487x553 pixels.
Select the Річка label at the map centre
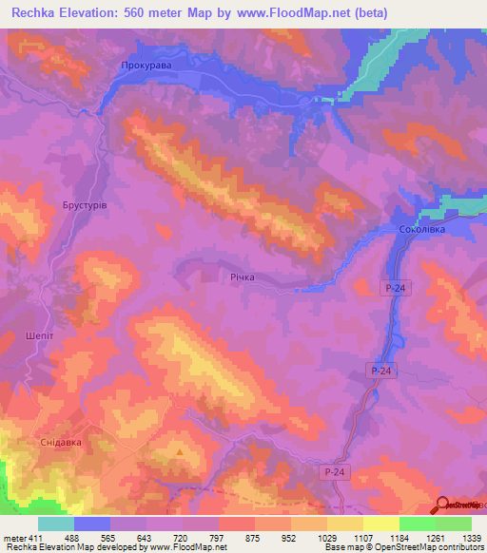242,277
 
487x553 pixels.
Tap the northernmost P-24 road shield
397,287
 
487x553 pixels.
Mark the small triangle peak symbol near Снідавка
179,452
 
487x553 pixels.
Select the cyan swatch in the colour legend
56,524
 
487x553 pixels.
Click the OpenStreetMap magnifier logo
444,504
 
